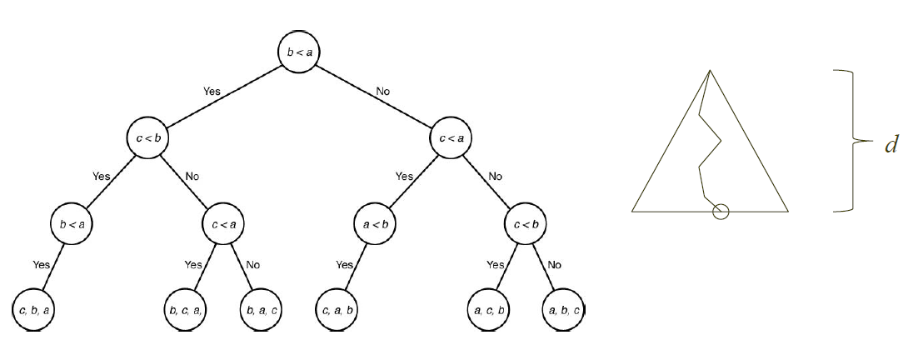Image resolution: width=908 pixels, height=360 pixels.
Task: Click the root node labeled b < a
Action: pos(299,52)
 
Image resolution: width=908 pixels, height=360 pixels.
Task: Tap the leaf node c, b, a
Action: pos(34,310)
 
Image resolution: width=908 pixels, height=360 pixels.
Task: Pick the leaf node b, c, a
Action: pos(186,310)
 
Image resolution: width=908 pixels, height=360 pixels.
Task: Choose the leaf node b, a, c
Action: pos(261,310)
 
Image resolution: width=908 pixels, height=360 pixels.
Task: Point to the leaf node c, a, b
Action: pos(337,310)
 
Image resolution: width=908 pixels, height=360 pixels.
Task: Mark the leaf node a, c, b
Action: pos(488,310)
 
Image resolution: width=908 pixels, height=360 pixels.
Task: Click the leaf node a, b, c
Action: pos(564,310)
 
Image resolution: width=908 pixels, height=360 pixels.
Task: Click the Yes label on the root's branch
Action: pos(212,91)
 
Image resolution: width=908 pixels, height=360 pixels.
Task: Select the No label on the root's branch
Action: pos(382,91)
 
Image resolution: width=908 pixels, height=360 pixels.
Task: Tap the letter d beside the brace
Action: pos(891,145)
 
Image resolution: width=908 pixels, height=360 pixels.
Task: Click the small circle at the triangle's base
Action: pos(721,212)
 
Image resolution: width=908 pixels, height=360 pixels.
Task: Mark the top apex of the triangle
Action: pos(710,69)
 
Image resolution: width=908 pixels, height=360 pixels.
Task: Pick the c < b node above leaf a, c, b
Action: pos(526,223)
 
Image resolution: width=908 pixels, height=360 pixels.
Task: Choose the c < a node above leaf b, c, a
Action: pos(223,223)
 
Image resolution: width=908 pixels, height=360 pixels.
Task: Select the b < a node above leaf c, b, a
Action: pos(72,223)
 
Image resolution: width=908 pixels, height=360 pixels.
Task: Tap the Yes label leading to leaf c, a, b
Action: pos(344,264)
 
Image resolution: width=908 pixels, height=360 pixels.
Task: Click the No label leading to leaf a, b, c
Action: pos(553,264)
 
